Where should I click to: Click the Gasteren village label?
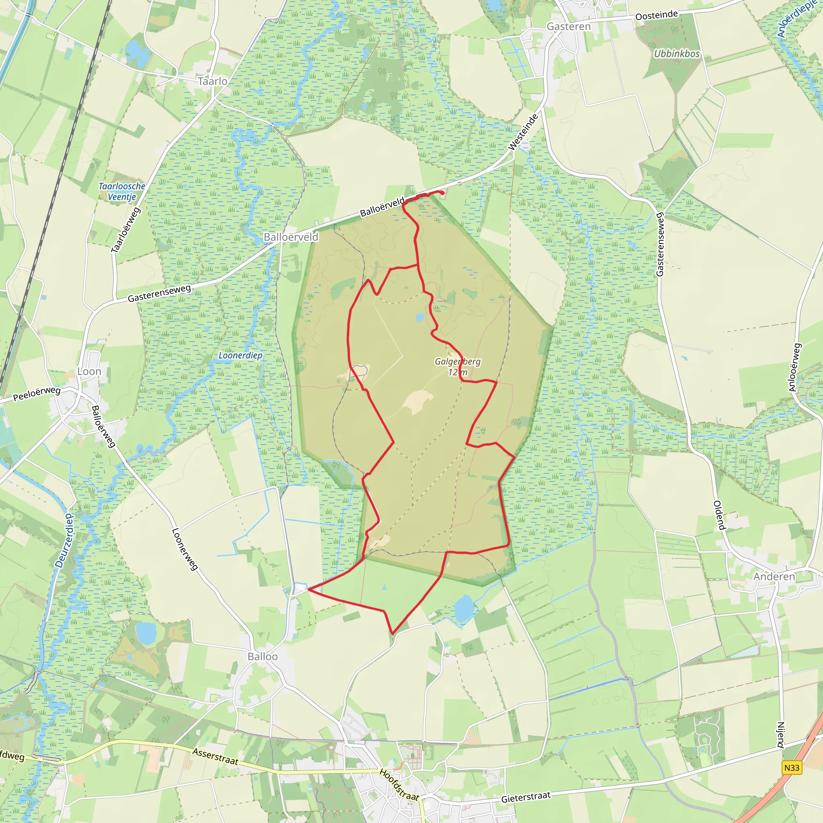click(x=569, y=27)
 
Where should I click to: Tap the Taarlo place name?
click(x=212, y=81)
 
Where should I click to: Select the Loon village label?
click(x=89, y=371)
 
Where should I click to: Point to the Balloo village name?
click(x=262, y=657)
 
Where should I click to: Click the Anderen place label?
click(x=774, y=576)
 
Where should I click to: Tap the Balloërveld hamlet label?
click(x=291, y=237)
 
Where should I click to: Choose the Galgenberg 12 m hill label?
click(x=457, y=367)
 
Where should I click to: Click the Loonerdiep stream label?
click(x=240, y=355)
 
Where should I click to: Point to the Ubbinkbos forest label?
click(x=677, y=54)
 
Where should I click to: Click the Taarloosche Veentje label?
click(x=122, y=191)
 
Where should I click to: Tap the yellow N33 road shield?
click(x=792, y=767)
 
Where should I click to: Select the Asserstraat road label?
click(x=215, y=756)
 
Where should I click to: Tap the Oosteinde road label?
click(x=657, y=15)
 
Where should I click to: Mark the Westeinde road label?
click(x=524, y=132)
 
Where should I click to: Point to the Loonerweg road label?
click(x=184, y=549)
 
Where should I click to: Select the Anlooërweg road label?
click(x=795, y=367)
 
